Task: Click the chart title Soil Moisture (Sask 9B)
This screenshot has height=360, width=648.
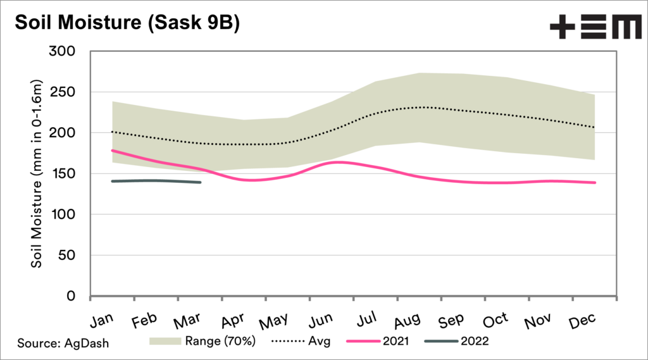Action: (x=127, y=23)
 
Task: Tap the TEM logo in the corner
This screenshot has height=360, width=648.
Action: (x=595, y=28)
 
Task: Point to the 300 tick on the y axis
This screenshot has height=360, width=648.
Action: (x=62, y=51)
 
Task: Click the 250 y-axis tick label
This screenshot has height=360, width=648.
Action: (x=62, y=92)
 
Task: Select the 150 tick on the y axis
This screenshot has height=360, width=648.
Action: (x=62, y=174)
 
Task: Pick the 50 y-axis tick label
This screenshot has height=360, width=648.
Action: (x=66, y=256)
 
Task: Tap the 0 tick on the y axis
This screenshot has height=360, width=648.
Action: (x=71, y=296)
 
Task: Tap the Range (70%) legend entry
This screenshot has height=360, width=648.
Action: (x=202, y=342)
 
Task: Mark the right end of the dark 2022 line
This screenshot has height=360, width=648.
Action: (x=201, y=182)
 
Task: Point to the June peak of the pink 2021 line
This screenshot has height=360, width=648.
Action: (x=337, y=162)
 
